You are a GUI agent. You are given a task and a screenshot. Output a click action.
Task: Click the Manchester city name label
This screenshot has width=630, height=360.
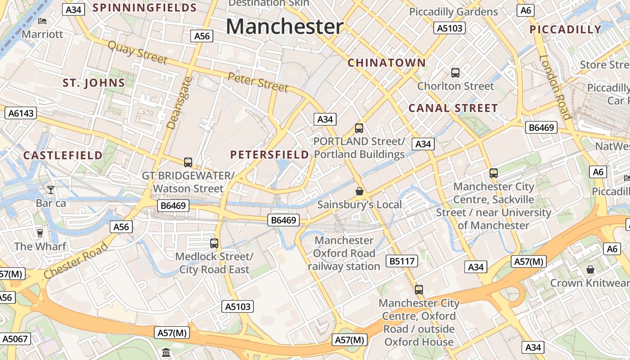coord(284,27)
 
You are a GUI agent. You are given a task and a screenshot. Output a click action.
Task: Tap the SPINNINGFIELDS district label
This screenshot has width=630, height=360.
coord(144,8)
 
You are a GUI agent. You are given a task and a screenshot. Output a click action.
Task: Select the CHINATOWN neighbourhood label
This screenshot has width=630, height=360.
coord(387,63)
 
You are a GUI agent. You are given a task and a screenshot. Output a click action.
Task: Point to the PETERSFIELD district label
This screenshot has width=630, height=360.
coord(270,155)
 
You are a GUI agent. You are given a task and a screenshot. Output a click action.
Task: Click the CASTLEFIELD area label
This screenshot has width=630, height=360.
coord(63,156)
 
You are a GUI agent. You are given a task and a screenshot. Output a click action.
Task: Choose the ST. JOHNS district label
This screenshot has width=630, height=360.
coord(94,83)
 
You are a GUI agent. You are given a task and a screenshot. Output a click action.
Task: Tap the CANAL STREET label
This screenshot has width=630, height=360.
coord(453,108)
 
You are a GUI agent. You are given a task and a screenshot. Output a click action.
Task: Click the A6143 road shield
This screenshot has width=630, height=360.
coord(21,113)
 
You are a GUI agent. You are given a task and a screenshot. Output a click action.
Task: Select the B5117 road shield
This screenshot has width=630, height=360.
coord(402,261)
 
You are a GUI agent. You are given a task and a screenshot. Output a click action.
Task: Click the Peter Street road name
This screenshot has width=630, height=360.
coord(258,82)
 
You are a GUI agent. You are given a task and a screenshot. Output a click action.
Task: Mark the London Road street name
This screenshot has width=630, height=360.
coord(555,87)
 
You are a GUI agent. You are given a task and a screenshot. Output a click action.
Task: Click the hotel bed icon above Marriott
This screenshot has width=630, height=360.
coord(42,21)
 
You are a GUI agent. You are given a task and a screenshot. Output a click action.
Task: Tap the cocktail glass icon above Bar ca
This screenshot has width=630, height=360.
coord(51,190)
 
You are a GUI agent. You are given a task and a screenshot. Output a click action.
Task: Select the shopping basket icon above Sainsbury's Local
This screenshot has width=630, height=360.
coord(360,192)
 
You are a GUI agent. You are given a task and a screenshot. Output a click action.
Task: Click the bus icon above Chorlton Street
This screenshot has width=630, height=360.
coord(455,72)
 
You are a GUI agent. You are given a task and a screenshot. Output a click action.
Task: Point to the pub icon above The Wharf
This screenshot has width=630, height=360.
coord(40,233)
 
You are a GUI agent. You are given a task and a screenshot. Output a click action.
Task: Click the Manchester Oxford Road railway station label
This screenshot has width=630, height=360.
coord(344,253)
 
